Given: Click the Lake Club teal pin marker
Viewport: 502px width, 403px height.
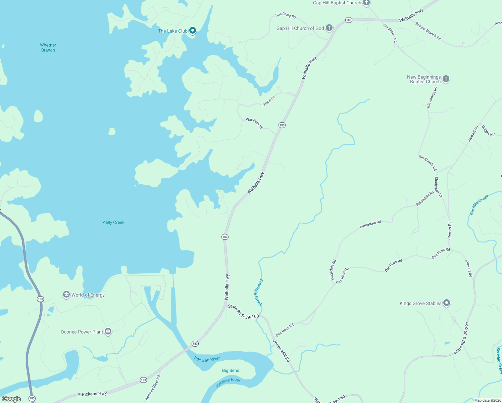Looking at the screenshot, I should (x=193, y=31).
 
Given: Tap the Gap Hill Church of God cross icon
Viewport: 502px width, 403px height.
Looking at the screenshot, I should (x=329, y=28).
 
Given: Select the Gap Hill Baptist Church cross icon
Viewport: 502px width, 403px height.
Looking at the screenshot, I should (x=366, y=3).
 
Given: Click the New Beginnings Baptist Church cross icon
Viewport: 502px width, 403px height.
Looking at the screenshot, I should (x=446, y=79).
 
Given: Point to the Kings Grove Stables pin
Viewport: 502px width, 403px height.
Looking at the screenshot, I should (x=446, y=303).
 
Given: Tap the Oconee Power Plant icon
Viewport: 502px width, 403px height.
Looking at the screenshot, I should (x=108, y=331).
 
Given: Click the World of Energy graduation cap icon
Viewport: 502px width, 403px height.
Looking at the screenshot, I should (x=66, y=295).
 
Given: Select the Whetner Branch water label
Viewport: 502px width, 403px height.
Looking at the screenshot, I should (x=48, y=47).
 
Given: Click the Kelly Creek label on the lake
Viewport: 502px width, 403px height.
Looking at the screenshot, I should (x=113, y=222).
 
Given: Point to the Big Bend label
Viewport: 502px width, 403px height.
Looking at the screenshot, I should (x=231, y=370).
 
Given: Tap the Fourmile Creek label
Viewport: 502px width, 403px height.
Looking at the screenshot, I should (x=258, y=293).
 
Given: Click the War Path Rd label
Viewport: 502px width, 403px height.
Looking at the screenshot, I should (x=254, y=123).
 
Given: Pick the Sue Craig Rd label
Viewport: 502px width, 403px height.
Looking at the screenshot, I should (x=286, y=15).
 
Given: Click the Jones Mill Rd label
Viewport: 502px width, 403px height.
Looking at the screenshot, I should (x=281, y=351).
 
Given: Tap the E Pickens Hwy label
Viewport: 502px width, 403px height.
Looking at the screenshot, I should (x=92, y=394).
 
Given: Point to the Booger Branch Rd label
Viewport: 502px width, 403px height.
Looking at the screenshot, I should (x=428, y=31).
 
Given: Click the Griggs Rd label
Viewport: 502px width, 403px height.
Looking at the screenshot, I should (x=488, y=130).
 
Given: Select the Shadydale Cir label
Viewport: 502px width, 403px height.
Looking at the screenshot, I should (x=439, y=187).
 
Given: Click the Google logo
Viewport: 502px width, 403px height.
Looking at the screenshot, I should (x=11, y=399).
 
